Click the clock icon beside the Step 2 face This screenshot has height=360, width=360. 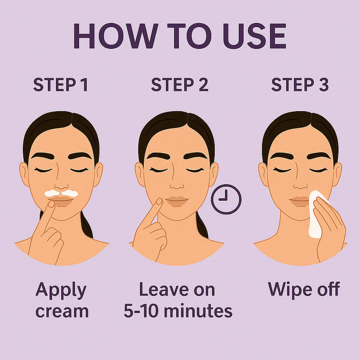tap(226, 199)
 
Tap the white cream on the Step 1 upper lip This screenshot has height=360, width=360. tap(61, 192)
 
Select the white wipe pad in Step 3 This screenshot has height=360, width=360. tap(317, 214)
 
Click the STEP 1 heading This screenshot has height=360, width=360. tap(61, 85)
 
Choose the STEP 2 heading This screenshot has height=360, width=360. tap(180, 85)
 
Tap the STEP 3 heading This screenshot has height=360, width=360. tap(300, 85)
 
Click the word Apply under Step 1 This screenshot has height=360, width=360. tap(61, 290)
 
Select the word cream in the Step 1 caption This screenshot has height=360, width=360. tap(62, 311)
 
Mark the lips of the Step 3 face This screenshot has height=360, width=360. tap(300, 201)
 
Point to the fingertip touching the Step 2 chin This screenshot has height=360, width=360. tap(159, 202)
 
